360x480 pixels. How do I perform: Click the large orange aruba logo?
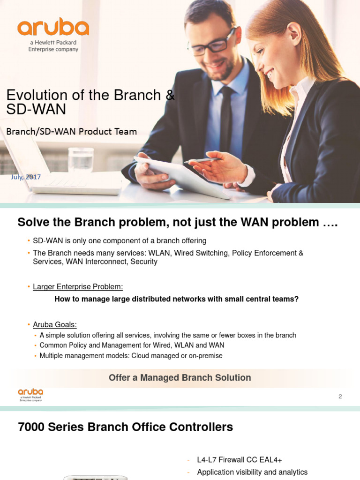pyautogui.click(x=53, y=28)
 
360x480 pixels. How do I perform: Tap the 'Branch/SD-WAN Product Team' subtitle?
pyautogui.click(x=71, y=132)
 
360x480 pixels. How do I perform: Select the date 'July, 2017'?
pyautogui.click(x=26, y=177)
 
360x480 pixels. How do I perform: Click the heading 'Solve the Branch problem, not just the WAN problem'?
pyautogui.click(x=177, y=223)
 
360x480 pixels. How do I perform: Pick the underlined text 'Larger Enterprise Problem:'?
pyautogui.click(x=78, y=286)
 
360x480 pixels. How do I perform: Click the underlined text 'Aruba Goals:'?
pyautogui.click(x=55, y=324)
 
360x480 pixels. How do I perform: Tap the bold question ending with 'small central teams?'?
pyautogui.click(x=176, y=299)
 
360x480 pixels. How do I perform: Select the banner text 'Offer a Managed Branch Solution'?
pyautogui.click(x=180, y=378)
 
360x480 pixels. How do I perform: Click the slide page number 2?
pyautogui.click(x=340, y=396)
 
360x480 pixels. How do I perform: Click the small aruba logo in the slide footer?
pyautogui.click(x=30, y=394)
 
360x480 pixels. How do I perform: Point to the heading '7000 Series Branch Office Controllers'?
pyautogui.click(x=125, y=427)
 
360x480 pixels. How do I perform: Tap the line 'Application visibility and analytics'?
pyautogui.click(x=252, y=472)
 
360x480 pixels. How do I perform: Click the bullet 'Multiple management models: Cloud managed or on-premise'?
pyautogui.click(x=131, y=356)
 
